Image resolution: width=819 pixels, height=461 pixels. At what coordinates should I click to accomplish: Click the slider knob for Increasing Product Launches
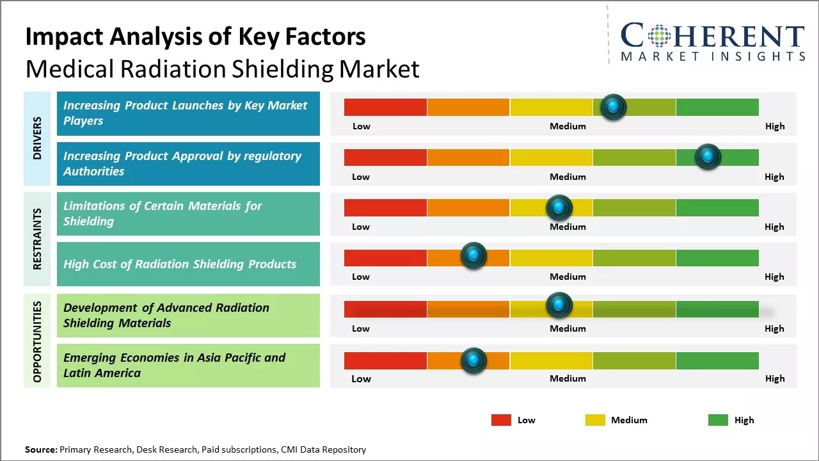614,107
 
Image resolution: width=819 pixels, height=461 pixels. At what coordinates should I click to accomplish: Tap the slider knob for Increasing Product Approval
708,157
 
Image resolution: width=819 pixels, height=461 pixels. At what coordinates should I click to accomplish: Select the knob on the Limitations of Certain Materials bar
559,207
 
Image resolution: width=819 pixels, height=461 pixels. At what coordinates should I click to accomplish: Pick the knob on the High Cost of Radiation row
473,256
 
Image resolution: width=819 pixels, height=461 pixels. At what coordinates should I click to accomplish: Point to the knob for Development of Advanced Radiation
559,305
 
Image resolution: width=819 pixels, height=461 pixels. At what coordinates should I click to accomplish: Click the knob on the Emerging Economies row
473,360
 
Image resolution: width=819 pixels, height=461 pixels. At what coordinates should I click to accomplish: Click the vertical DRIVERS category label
37,138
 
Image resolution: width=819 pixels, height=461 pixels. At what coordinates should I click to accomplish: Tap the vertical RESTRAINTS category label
37,239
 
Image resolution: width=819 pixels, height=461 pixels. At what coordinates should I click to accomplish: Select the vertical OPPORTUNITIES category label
37,341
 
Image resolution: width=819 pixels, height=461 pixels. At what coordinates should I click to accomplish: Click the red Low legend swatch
501,420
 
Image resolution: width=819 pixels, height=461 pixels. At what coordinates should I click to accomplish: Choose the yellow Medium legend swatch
595,420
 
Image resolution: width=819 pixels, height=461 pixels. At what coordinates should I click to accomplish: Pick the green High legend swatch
718,420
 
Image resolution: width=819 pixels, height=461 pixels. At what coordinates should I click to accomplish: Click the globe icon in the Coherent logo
658,36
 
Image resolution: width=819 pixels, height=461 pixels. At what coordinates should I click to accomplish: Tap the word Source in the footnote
40,449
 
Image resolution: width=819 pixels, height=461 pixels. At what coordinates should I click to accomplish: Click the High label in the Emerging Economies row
774,378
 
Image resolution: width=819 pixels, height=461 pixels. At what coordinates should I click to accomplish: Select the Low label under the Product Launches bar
361,126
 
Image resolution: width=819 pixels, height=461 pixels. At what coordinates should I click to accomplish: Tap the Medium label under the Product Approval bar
568,177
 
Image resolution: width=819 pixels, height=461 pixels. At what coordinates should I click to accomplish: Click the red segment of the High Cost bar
385,257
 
